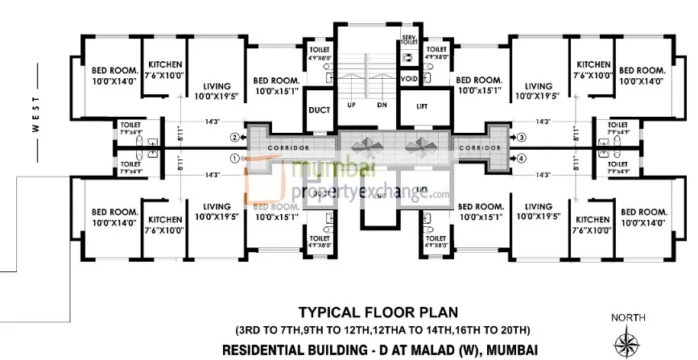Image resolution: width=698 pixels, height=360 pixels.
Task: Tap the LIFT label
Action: [422, 106]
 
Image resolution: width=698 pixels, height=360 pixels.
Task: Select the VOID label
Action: [410, 80]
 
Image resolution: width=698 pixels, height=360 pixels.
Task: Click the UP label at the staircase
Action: [351, 106]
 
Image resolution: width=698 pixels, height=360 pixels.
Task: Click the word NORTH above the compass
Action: [627, 316]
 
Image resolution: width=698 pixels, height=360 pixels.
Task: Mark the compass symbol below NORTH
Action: [628, 342]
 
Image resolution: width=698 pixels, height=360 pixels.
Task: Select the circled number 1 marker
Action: [235, 159]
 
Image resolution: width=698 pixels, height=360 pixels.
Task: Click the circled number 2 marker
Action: [235, 138]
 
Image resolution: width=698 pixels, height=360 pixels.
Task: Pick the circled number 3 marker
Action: [522, 138]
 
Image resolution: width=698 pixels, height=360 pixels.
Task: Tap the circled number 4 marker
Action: [522, 159]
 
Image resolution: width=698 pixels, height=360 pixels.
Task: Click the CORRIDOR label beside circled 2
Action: [287, 149]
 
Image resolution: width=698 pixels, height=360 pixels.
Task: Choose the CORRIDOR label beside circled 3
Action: [476, 149]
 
